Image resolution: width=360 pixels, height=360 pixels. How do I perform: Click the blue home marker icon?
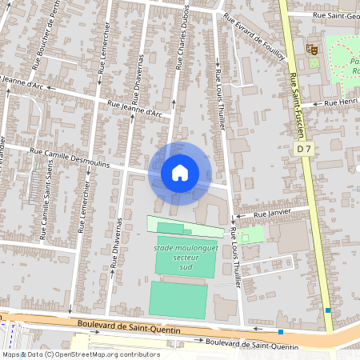(179, 173)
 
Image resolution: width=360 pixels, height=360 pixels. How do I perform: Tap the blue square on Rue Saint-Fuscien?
(328, 310)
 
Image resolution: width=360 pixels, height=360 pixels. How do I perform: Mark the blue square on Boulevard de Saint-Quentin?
(281, 331)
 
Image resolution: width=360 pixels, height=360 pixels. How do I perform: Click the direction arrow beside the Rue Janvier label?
(239, 217)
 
